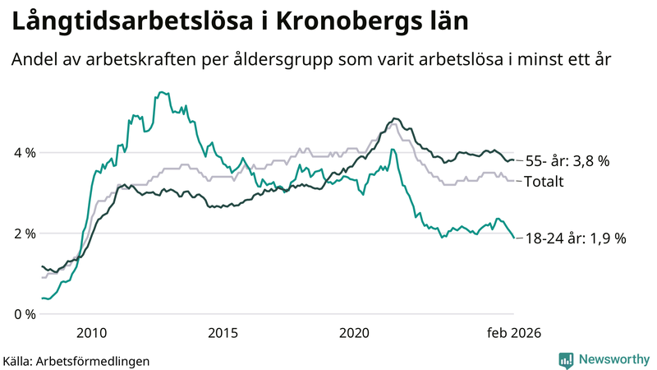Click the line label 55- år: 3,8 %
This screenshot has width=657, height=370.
567,161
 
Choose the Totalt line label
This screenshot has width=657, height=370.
544,181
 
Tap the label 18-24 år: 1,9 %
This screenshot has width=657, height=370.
576,238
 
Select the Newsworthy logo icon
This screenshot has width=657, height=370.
566,359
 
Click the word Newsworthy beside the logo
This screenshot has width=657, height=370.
613,359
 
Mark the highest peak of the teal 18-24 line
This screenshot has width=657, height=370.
160,92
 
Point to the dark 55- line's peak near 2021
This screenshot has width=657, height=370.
395,118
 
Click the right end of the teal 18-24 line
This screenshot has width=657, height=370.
514,238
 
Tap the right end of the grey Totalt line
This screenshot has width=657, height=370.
514,181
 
